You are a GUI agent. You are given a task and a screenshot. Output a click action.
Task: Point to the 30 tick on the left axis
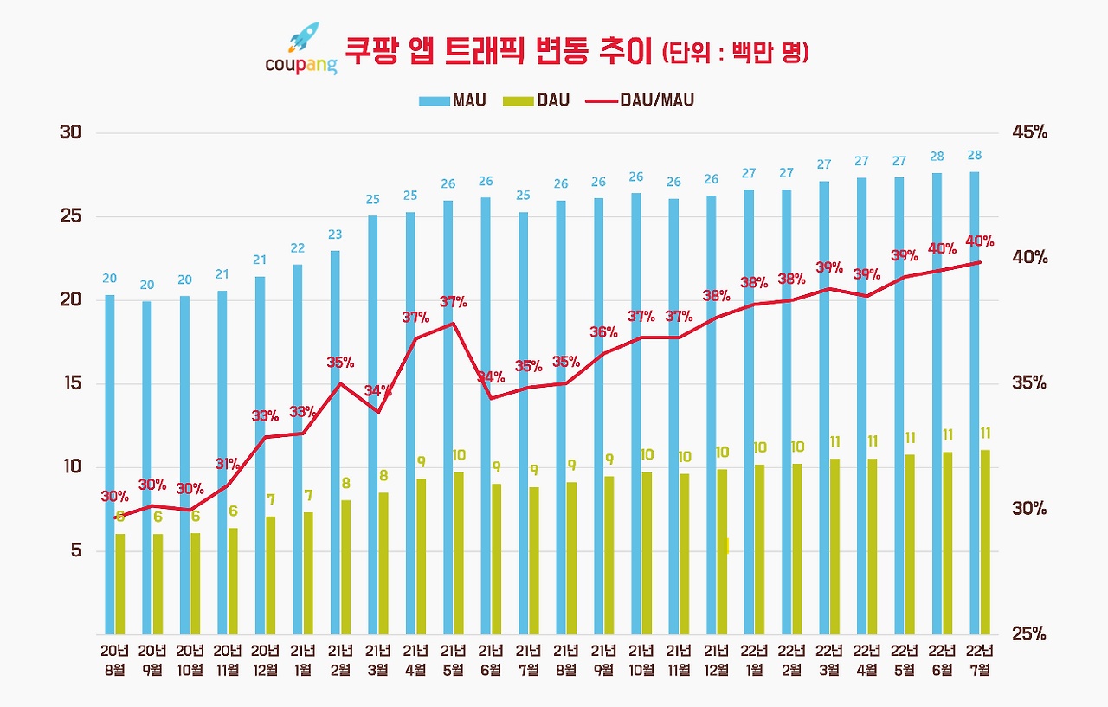coord(70,133)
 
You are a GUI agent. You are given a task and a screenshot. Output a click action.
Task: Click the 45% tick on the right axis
coord(1028,133)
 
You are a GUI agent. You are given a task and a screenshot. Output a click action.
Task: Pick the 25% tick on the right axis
coord(1028,634)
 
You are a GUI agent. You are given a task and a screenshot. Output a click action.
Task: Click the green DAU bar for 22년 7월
coord(985,542)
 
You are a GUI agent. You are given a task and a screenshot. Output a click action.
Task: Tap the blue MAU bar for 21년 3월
coord(372,424)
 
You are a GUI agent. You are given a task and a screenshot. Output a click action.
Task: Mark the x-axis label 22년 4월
coord(867,660)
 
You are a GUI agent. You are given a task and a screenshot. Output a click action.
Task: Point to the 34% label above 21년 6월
coord(492,377)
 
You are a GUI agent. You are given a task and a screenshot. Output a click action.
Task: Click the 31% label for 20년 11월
coord(228,465)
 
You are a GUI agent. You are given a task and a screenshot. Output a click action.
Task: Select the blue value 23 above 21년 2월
coord(335,235)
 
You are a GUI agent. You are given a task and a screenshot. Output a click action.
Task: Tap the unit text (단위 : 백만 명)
coord(735,53)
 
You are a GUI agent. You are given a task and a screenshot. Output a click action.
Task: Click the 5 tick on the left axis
coord(75,550)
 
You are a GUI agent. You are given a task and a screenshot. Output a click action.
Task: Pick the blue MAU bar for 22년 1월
coord(749,412)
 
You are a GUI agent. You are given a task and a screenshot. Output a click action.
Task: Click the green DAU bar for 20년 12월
coord(270,575)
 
